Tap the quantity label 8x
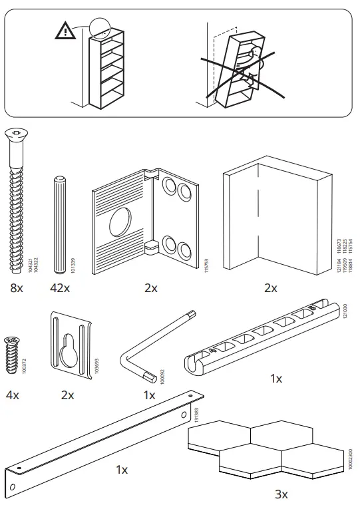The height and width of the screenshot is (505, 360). coord(16,289)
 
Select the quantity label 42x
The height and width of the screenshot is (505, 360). coord(60,289)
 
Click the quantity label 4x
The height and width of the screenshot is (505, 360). coord(13,395)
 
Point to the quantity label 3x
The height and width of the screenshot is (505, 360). coord(281,494)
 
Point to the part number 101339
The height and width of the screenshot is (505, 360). coord(73,265)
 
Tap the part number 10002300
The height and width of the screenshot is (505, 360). coord(350,458)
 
